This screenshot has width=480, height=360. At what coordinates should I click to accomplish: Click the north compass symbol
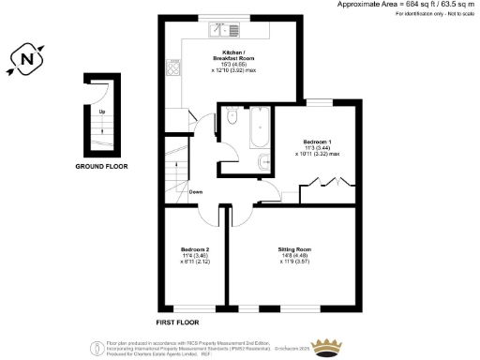click(x=26, y=62)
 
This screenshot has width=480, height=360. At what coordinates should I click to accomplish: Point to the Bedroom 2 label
click(x=194, y=248)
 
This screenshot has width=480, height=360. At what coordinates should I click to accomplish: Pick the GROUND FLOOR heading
click(x=102, y=166)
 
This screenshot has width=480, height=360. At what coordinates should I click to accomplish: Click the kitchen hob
click(x=173, y=67)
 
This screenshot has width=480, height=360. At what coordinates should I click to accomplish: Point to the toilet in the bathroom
click(x=232, y=120)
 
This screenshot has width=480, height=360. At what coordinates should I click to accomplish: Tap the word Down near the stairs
click(x=195, y=192)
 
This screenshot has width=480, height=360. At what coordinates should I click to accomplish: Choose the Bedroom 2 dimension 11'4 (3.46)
click(x=194, y=256)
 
